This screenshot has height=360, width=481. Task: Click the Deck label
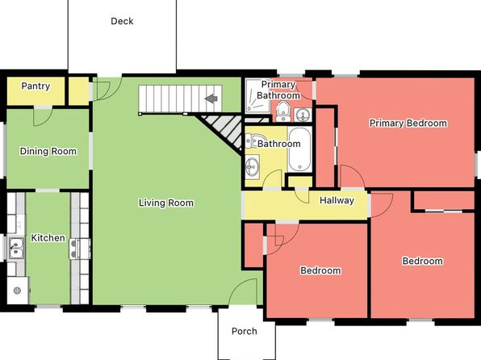pos(122,21)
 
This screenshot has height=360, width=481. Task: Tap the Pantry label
pos(36,86)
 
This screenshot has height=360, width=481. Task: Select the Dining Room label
pos(48,151)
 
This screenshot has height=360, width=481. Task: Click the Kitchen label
pos(48,237)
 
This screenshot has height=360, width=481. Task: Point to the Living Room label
pos(166,203)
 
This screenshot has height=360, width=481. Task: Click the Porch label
pos(245,331)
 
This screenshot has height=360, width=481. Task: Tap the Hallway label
pos(337,200)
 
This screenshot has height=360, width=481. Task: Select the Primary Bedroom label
pos(408,123)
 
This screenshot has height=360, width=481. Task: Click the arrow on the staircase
pos(211,98)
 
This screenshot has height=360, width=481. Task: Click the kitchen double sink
pos(16,248)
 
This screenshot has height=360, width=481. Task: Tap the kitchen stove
pos(80,249)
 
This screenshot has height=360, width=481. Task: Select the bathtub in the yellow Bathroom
pos(299,149)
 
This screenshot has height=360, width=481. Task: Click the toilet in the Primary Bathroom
pos(282,111)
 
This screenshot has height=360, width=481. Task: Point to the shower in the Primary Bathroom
pos(257,95)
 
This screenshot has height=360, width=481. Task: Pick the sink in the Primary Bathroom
pos(303,115)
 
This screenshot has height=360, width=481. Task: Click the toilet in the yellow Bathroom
pos(253,141)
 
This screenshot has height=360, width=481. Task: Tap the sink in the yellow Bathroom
pos(252,166)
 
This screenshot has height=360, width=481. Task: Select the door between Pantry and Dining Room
pos(43,116)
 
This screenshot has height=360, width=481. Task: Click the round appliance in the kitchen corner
pos(17,290)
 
